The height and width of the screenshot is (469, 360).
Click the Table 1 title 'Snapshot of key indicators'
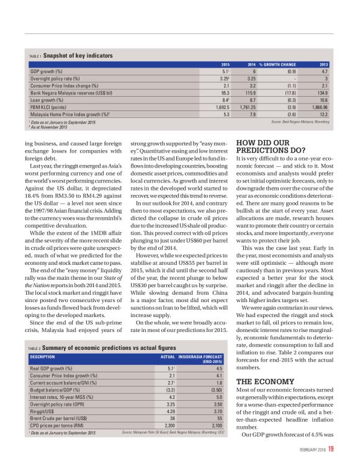point(78,56)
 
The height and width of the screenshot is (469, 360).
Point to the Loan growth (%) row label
point(47,99)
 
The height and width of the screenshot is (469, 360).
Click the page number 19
point(331,449)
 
